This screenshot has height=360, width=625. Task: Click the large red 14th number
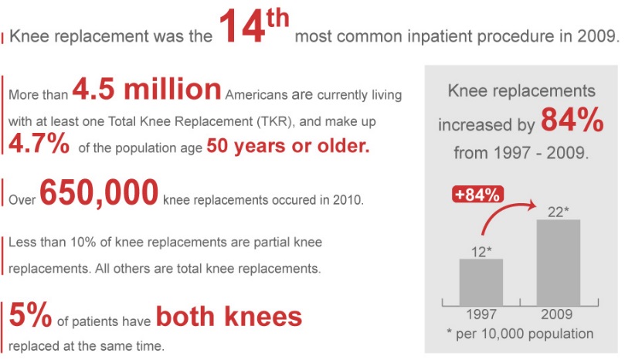253,26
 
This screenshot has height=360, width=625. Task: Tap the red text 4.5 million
147,89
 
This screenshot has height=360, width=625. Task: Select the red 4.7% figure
39,144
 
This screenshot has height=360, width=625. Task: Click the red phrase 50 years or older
288,146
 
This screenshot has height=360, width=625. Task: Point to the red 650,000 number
99,192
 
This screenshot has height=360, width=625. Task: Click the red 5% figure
30,314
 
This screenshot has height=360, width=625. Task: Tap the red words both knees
229,317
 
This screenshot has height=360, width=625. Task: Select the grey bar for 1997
481,282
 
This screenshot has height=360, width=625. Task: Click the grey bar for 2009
559,263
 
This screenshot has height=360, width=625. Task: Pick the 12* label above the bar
481,252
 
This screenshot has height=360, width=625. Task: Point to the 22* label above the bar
558,212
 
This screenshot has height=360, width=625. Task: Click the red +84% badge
477,195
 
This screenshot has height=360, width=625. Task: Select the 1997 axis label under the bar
481,314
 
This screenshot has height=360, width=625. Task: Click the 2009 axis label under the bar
557,314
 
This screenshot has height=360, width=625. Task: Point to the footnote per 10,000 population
520,333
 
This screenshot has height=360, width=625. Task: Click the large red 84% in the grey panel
572,119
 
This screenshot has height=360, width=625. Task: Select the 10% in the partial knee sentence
83,242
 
